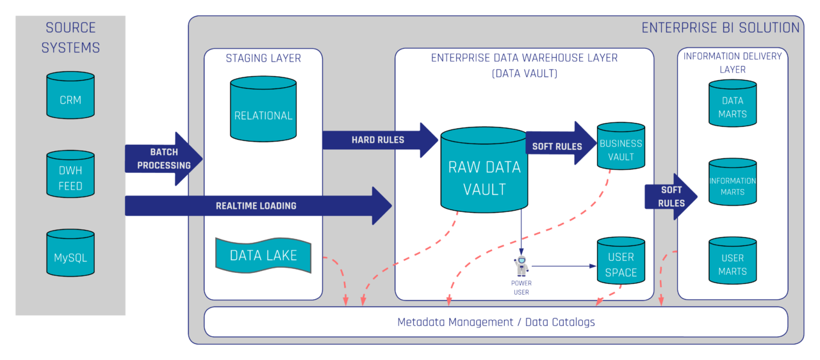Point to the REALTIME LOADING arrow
coord(256,206)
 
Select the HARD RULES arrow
coord(378,140)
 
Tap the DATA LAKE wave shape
coord(263,256)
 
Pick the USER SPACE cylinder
coord(621,262)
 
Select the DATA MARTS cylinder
coord(732,104)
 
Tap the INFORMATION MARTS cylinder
coord(732,183)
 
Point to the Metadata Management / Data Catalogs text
coord(496,322)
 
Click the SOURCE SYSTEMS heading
coord(70,38)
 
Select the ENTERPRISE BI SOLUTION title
coord(720,28)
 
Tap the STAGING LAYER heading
coord(263,58)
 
